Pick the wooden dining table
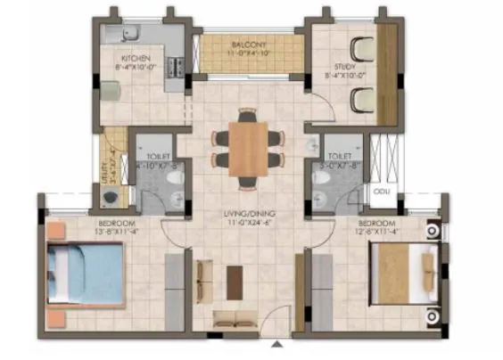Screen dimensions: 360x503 pos(247,146)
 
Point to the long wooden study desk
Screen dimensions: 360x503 pos(387,68)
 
